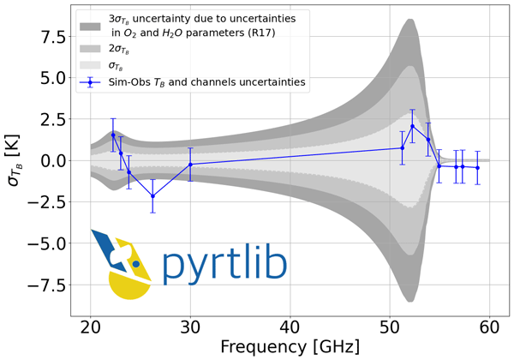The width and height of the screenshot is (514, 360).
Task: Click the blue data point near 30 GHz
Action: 190,164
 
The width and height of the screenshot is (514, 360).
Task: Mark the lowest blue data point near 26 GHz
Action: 152,196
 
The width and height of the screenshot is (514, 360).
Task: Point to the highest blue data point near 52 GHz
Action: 412,126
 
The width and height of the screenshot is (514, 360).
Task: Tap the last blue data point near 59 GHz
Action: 477,168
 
